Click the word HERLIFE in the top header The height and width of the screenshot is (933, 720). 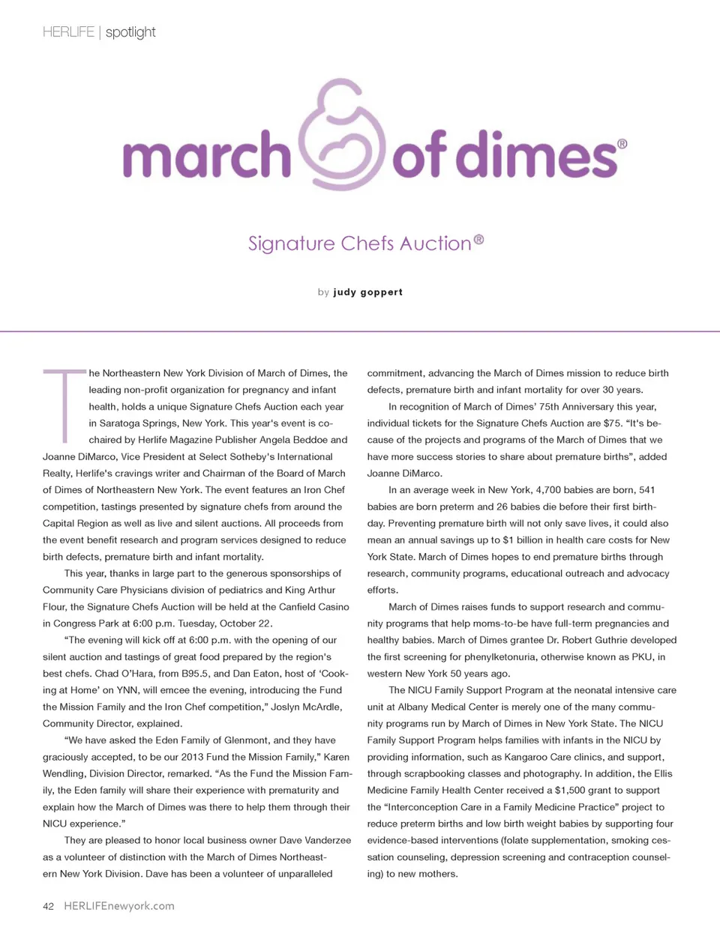(68, 32)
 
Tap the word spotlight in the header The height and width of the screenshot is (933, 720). (130, 32)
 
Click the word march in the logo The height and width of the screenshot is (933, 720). (206, 154)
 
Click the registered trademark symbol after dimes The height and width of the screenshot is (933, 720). (622, 144)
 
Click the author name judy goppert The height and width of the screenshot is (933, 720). (367, 292)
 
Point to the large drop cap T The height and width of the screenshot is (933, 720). (65, 403)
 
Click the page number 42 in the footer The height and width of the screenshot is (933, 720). (48, 906)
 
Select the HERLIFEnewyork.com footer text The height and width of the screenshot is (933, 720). (119, 906)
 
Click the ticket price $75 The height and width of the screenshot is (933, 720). (612, 423)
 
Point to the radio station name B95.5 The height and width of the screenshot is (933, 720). (197, 674)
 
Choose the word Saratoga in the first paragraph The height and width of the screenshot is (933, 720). (124, 423)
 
